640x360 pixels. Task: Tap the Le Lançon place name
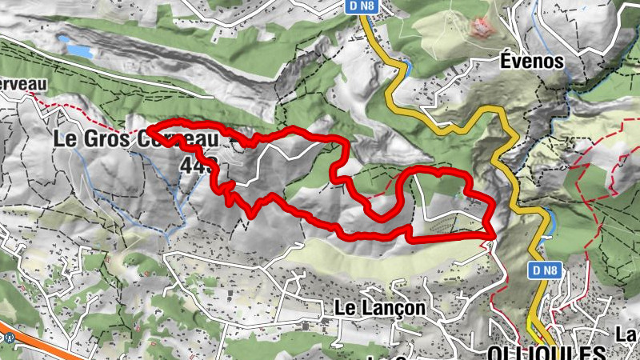click(x=379, y=306)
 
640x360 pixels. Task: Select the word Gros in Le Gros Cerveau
click(x=110, y=138)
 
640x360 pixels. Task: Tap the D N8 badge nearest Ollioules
click(x=544, y=271)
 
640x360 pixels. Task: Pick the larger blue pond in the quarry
click(x=79, y=50)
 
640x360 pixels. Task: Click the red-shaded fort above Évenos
click(x=482, y=27)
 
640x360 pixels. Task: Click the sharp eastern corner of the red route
click(x=490, y=234)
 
